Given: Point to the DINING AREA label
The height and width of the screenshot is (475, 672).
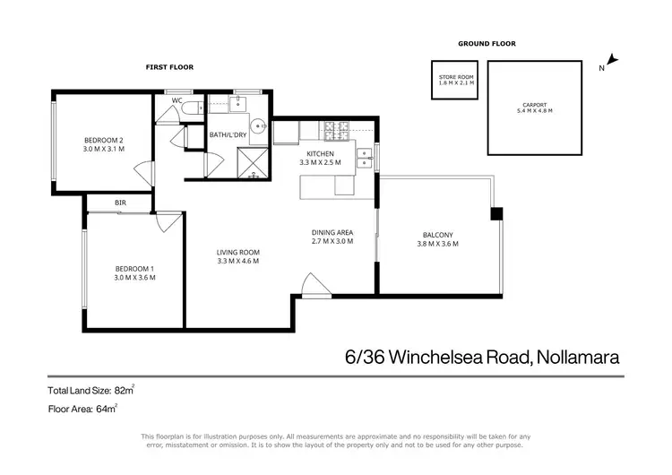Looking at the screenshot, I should (332, 235).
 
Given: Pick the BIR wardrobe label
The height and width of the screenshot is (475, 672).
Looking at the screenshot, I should (120, 203).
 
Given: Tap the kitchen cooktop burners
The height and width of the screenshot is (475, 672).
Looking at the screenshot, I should (340, 133).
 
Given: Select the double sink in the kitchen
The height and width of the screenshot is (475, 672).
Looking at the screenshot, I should (364, 158).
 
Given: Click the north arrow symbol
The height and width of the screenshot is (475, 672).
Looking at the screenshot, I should (613, 63).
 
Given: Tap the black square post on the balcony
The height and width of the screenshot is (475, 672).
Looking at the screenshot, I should (496, 213).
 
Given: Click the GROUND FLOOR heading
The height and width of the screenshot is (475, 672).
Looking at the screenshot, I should (487, 43).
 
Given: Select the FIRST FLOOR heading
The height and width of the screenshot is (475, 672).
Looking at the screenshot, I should (170, 67).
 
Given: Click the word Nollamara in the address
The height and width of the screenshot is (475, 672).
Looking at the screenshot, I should (578, 357).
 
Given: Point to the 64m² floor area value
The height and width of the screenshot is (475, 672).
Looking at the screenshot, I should (107, 408).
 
